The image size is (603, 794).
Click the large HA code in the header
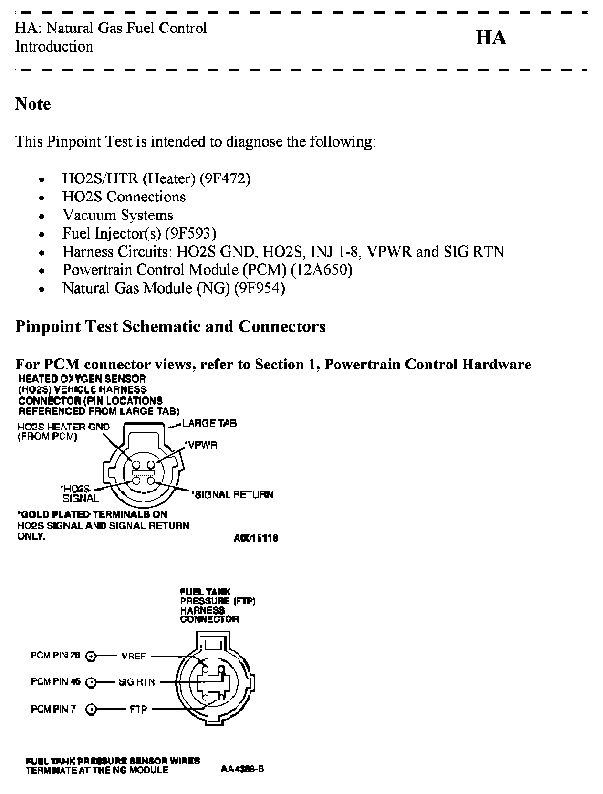tap(491, 37)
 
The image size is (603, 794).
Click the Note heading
tap(33, 104)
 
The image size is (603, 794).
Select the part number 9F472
tap(225, 178)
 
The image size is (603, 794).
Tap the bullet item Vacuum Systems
tap(118, 215)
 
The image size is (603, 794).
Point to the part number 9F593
tap(190, 233)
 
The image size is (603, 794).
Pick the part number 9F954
tap(259, 289)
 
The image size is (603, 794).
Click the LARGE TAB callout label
tap(209, 423)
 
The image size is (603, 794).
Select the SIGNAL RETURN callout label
tap(233, 494)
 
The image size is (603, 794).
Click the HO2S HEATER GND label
tap(63, 427)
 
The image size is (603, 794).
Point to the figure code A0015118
tap(256, 538)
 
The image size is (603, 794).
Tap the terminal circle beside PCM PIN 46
tap(91, 683)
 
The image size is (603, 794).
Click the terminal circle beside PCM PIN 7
tap(91, 710)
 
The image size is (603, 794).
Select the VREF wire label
tap(134, 656)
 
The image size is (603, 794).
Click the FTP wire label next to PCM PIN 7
tap(139, 710)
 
